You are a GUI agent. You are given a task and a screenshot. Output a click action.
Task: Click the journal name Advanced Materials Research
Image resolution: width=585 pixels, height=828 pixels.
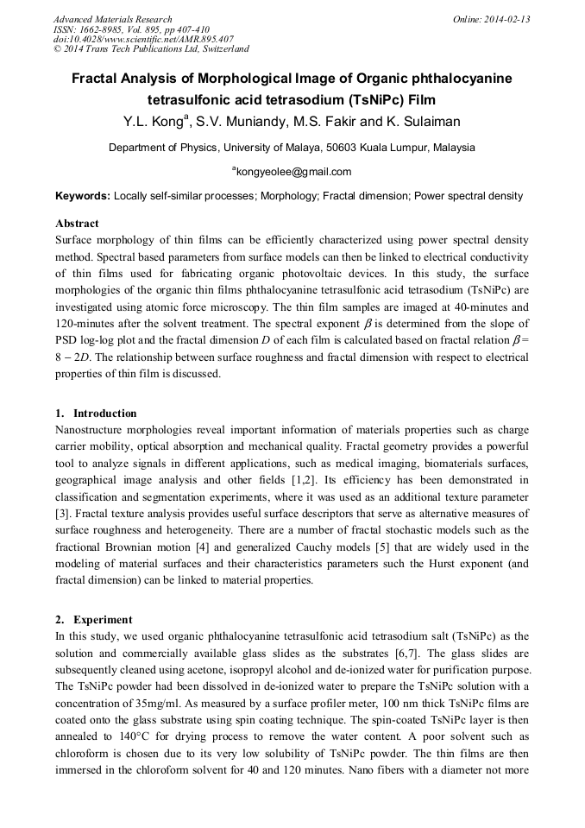coord(112,19)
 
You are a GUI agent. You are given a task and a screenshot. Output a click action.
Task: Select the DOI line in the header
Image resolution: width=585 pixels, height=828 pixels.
coord(143,39)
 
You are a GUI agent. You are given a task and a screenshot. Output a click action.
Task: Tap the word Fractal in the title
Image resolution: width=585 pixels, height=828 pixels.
coord(95,79)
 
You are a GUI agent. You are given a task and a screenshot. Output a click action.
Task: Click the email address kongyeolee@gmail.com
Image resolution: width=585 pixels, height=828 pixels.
coord(293,172)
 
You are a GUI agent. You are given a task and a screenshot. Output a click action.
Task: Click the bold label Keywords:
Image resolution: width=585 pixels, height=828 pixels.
coord(82,197)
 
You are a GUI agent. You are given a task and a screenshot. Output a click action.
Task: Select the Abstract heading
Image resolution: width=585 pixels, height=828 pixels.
coord(77,224)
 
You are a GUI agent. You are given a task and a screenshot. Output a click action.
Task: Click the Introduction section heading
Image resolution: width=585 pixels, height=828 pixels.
coord(104,414)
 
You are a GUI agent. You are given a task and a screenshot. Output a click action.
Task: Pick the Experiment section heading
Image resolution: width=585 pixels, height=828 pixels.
coord(103,620)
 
